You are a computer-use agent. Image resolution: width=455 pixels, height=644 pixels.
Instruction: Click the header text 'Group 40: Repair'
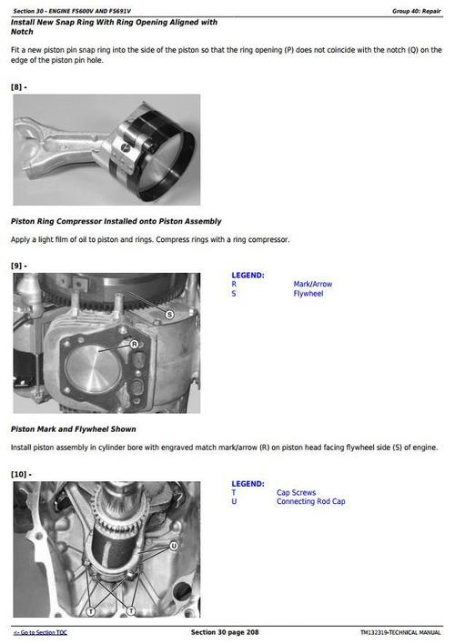pyautogui.click(x=417, y=10)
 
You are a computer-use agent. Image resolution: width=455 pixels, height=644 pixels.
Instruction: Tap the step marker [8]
pyautogui.click(x=19, y=86)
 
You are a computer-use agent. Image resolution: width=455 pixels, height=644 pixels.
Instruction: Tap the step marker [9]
pyautogui.click(x=19, y=266)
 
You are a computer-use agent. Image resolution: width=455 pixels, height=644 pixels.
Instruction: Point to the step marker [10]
pyautogui.click(x=21, y=475)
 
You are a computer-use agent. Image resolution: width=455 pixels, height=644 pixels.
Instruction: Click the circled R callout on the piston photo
pyautogui.click(x=134, y=344)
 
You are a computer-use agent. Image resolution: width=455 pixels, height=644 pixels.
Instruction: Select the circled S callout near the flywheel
pyautogui.click(x=169, y=314)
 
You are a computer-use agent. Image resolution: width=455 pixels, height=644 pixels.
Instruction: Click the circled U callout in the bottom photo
pyautogui.click(x=172, y=547)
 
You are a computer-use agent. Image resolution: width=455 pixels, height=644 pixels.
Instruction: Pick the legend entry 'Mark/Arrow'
pyautogui.click(x=312, y=284)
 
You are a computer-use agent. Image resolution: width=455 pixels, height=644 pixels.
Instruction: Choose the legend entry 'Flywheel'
pyautogui.click(x=308, y=294)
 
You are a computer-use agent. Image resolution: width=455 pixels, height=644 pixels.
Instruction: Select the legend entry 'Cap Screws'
pyautogui.click(x=296, y=492)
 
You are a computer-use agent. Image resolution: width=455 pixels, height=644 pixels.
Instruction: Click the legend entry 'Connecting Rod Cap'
pyautogui.click(x=310, y=501)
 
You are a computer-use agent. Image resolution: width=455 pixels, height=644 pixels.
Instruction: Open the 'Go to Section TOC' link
pyautogui.click(x=40, y=632)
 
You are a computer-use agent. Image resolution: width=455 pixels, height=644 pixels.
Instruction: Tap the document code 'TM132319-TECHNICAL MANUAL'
pyautogui.click(x=399, y=632)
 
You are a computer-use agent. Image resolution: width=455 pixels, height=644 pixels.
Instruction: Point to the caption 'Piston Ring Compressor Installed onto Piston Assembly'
pyautogui.click(x=116, y=221)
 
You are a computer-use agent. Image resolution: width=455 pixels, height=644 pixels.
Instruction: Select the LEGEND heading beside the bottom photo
pyautogui.click(x=248, y=484)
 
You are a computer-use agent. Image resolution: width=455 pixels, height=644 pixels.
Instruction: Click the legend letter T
pyautogui.click(x=234, y=492)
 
